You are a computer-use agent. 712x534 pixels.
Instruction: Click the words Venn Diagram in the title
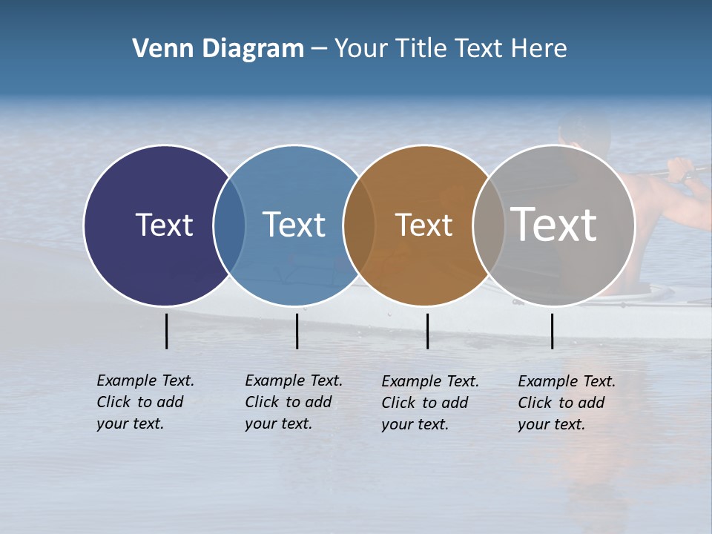pos(218,49)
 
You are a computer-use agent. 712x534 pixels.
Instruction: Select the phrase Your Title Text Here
pos(450,49)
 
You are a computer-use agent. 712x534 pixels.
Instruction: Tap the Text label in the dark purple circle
pos(164,225)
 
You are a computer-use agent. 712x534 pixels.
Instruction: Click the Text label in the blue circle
pos(294,225)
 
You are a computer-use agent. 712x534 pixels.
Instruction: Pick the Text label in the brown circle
pos(423,225)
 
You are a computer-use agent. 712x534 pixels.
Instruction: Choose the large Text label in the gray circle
pos(553,225)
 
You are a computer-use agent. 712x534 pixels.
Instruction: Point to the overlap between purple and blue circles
pos(229,225)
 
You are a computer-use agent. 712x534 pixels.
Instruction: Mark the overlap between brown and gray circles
pos(488,225)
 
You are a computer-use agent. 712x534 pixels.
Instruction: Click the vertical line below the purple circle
pos(167,331)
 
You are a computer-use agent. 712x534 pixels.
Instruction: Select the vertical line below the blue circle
pos(297,331)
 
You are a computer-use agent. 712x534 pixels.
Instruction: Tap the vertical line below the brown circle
pos(427,331)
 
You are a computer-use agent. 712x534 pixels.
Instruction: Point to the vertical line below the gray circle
pos(552,331)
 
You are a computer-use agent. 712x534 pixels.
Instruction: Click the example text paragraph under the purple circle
pos(145,402)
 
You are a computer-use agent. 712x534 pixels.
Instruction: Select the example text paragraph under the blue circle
pos(294,402)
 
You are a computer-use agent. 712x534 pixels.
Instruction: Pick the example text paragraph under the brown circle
pos(430,403)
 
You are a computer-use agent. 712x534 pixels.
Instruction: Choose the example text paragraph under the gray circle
pos(567,403)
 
